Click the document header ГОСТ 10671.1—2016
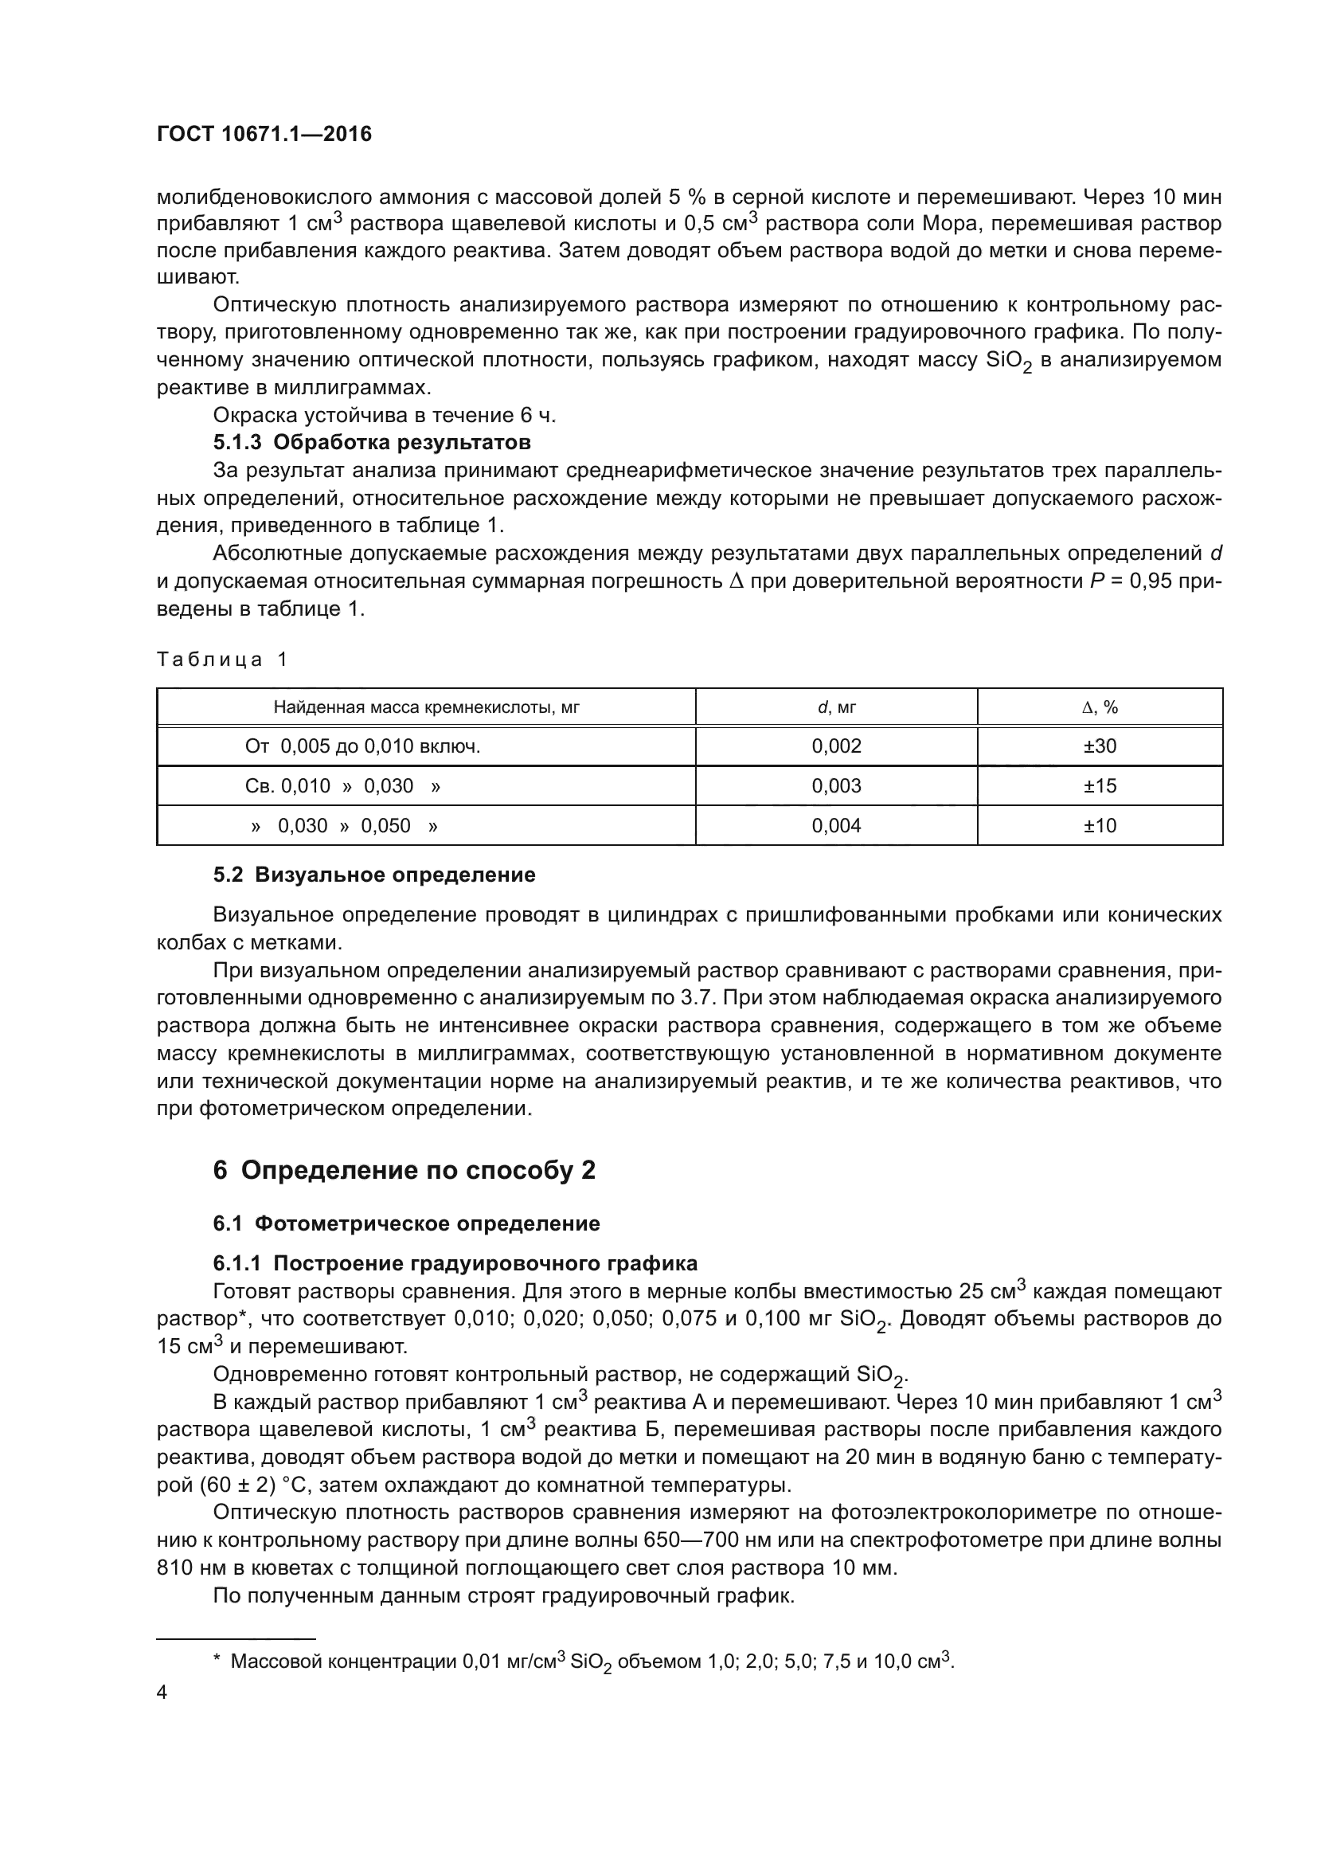click(x=264, y=134)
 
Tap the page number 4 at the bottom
click(x=162, y=1693)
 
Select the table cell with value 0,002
click(x=836, y=746)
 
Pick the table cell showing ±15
click(x=1100, y=785)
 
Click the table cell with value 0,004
click(x=836, y=825)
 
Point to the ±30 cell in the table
click(x=1100, y=746)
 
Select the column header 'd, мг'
click(x=836, y=706)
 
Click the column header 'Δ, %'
click(x=1100, y=706)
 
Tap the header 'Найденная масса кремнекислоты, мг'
click(x=426, y=706)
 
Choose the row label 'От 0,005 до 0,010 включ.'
click(x=362, y=746)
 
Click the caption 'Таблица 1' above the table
click(x=221, y=659)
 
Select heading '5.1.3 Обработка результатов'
click(x=371, y=442)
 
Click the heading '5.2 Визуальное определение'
click(x=374, y=875)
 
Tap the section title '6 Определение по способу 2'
click(x=404, y=1169)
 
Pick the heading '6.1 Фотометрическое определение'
click(x=406, y=1223)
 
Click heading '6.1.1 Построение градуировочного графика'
click(x=455, y=1263)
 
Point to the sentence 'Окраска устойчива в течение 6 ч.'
click(x=385, y=415)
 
